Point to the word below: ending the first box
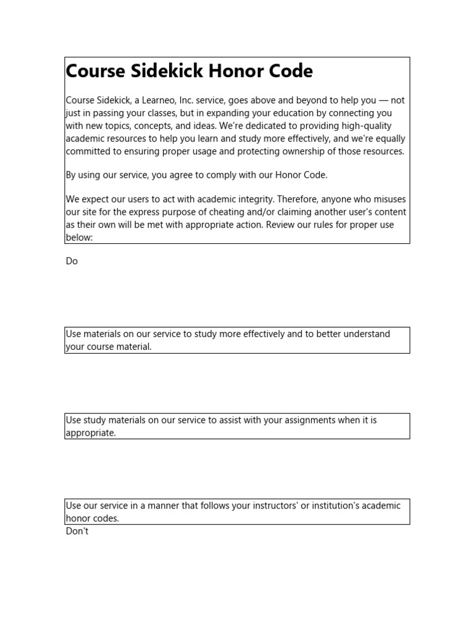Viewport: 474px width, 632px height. click(79, 237)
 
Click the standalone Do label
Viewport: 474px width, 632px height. click(72, 261)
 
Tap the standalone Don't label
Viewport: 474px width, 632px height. click(77, 531)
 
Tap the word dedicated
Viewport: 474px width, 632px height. click(235, 126)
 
